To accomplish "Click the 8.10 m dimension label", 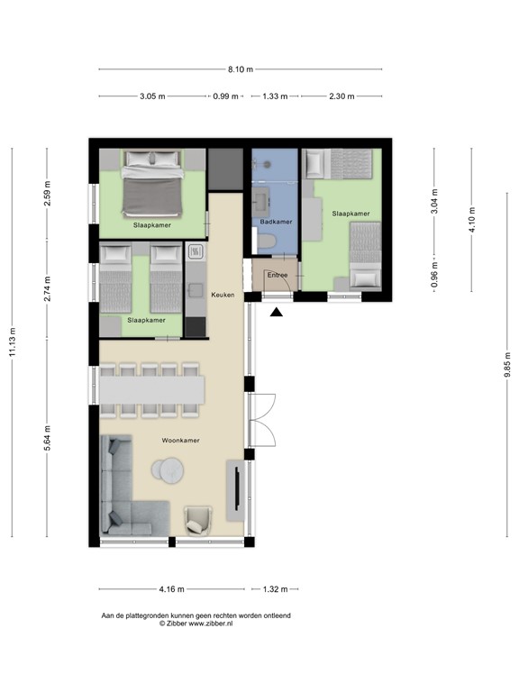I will tap(241, 69).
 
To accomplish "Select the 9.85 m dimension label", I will tap(507, 366).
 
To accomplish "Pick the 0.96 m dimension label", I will tap(436, 273).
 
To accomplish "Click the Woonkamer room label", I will tap(180, 442).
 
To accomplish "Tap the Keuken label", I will tap(223, 294).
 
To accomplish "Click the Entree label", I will tap(277, 275).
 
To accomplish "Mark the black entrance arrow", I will tap(277, 313).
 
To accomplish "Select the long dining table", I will tap(152, 389).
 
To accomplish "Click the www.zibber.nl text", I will tap(207, 624).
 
